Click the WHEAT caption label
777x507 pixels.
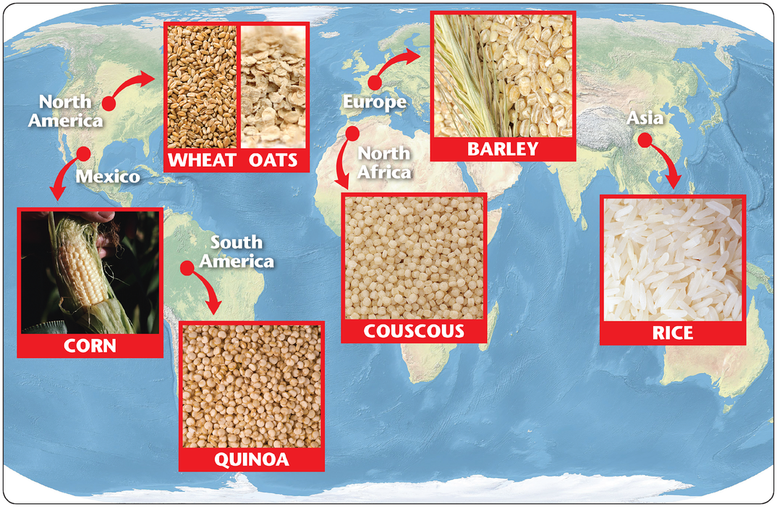pyautogui.click(x=203, y=159)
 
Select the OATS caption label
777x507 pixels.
pyautogui.click(x=273, y=159)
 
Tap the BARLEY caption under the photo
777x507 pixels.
pyautogui.click(x=503, y=149)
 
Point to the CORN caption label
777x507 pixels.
pyautogui.click(x=90, y=345)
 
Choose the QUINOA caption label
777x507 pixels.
pyautogui.click(x=251, y=459)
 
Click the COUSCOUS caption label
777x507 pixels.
pyautogui.click(x=414, y=332)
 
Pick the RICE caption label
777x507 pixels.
pyautogui.click(x=672, y=333)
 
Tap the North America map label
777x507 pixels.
pyautogui.click(x=65, y=111)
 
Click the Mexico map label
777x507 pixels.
pyautogui.click(x=108, y=176)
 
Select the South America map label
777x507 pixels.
pyautogui.click(x=237, y=251)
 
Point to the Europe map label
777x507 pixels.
pyautogui.click(x=374, y=103)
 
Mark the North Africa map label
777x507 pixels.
pyautogui.click(x=384, y=162)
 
